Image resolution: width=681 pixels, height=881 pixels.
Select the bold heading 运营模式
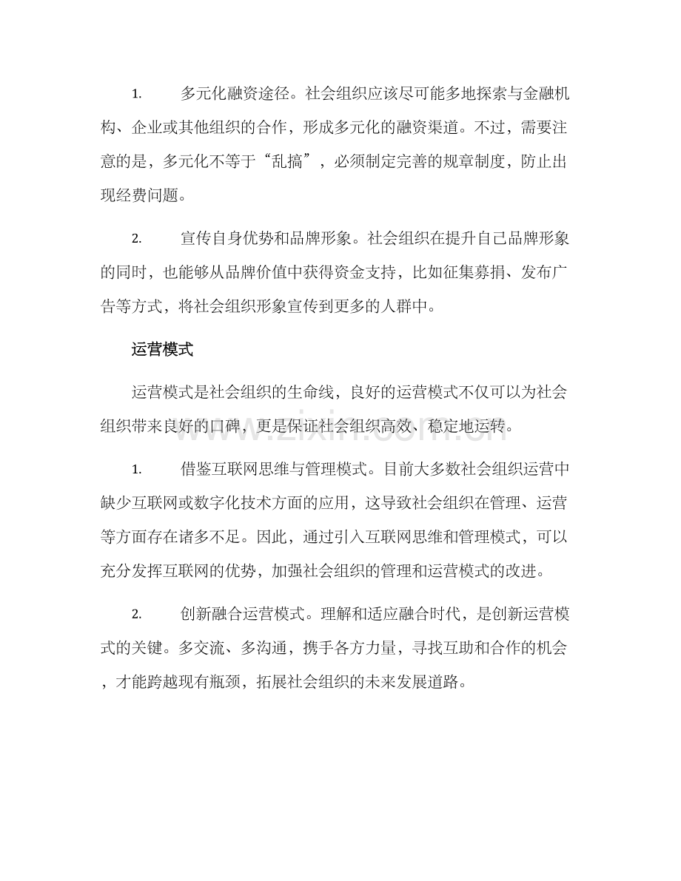161,350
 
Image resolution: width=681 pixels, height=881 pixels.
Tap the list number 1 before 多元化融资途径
136,95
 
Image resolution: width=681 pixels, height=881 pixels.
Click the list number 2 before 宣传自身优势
136,240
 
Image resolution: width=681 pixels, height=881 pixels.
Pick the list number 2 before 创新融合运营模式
136,614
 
